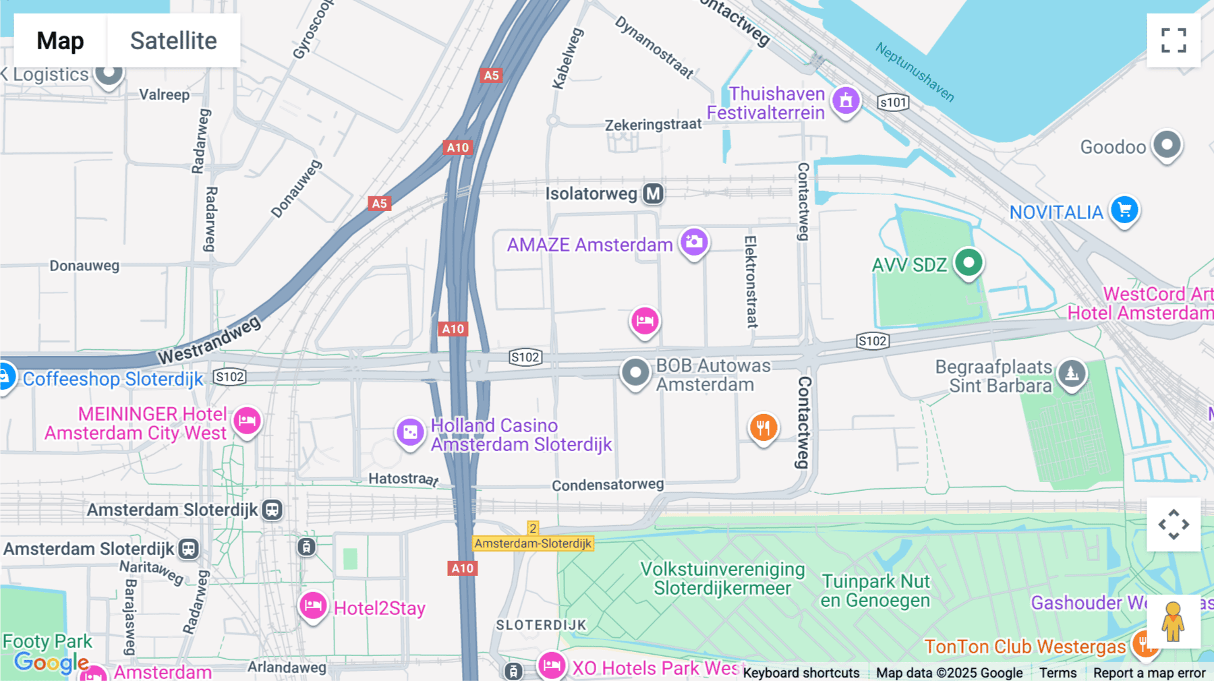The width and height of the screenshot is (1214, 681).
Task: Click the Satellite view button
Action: [173, 40]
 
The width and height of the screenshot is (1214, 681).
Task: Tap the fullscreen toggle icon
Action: [1174, 40]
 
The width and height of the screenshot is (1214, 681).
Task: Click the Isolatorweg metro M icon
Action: [653, 194]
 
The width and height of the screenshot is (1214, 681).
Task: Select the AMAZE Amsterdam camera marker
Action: [694, 242]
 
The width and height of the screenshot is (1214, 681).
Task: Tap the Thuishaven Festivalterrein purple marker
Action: [846, 101]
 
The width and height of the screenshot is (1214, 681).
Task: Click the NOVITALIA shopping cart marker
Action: [1124, 210]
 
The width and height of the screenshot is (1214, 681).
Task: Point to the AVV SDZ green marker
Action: [969, 262]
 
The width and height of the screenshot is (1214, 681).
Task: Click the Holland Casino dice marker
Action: [409, 432]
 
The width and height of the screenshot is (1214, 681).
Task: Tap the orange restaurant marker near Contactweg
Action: [763, 427]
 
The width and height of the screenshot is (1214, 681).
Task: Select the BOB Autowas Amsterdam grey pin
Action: [635, 372]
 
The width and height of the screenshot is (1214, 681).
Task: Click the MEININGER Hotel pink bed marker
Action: [247, 421]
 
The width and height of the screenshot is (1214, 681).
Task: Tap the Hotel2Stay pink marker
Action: [313, 605]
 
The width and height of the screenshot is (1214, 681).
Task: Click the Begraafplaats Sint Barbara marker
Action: [1072, 373]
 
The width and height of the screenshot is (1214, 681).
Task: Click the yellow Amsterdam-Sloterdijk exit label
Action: [533, 543]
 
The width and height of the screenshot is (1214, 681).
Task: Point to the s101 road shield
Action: [893, 102]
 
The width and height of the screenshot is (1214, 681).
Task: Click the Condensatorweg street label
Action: [608, 485]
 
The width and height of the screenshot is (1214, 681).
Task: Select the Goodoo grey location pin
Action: [1167, 145]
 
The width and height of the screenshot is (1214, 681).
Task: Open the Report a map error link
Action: [1149, 673]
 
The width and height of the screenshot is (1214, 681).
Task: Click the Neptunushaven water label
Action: [915, 71]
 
